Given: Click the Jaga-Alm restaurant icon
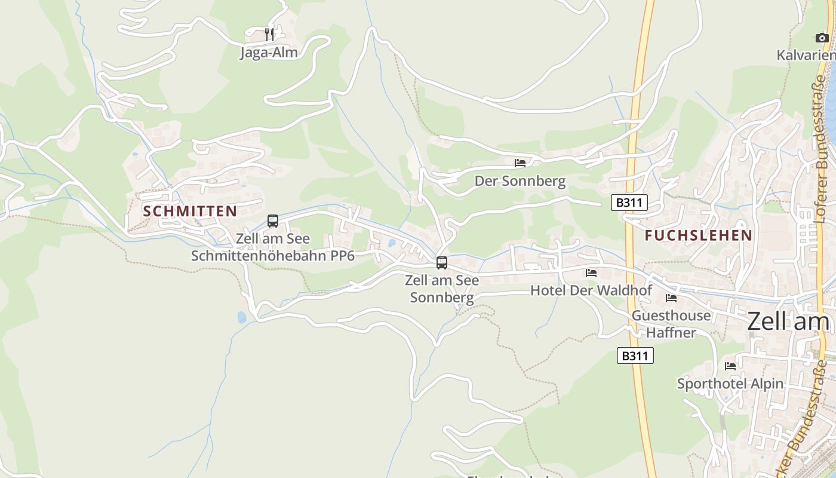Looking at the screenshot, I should click(269, 34).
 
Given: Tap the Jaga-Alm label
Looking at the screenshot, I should click(269, 53).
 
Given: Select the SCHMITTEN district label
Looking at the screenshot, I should click(190, 211).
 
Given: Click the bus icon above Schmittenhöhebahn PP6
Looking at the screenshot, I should click(273, 221).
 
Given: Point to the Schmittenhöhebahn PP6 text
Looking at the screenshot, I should click(273, 256).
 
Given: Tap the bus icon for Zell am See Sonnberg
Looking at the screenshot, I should click(442, 262).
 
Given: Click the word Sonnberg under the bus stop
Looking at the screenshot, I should click(442, 298).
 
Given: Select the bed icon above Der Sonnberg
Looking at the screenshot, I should click(520, 163).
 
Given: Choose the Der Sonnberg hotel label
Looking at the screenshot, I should click(520, 181).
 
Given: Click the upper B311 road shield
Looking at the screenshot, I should click(629, 203).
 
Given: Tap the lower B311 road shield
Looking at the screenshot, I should click(635, 356).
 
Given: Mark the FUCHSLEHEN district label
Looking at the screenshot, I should click(698, 235).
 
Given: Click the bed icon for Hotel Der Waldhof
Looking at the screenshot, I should click(591, 273).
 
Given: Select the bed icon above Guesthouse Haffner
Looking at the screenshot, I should click(671, 298).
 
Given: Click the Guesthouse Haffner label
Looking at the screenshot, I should click(671, 324).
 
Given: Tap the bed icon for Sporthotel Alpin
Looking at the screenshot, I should click(730, 366).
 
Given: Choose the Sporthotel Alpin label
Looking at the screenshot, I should click(730, 384).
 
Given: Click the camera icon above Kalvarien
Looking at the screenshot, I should click(822, 38).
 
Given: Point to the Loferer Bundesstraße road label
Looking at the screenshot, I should click(822, 149).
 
